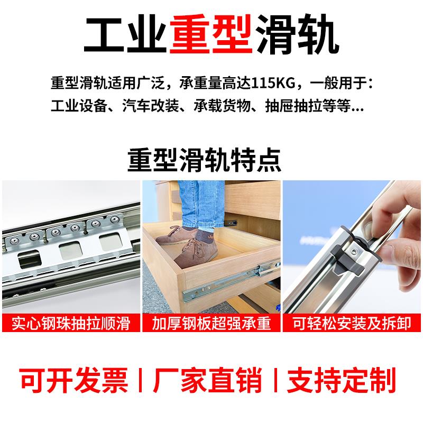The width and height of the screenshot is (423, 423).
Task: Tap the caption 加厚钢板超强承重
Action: pos(211,323)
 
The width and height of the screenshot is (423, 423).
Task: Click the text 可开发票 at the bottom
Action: pos(74,380)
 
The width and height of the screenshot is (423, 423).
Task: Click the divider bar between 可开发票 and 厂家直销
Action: pos(141,380)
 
